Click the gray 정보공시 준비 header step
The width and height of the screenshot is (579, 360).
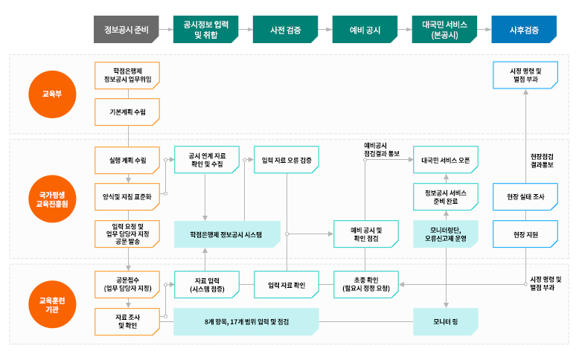tap(127, 30)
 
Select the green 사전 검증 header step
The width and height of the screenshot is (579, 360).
tap(286, 30)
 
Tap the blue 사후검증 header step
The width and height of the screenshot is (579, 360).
tap(523, 30)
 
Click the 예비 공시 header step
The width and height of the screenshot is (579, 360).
tap(365, 30)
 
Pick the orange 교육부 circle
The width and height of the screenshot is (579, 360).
tap(51, 94)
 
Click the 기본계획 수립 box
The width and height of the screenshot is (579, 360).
tap(127, 111)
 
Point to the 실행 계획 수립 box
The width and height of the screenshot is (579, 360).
tap(127, 160)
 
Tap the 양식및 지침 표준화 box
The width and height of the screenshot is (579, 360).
tap(127, 197)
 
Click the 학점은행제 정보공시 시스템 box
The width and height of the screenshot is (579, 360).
tap(226, 234)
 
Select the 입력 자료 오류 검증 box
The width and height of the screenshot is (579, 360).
tap(287, 160)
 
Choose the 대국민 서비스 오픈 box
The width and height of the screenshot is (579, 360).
tap(445, 160)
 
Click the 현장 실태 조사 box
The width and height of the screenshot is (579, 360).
tap(525, 196)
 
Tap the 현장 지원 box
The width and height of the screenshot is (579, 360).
tap(525, 234)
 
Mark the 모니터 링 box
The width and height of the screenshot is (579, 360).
tap(445, 322)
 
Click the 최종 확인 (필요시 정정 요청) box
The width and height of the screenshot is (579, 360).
tap(365, 283)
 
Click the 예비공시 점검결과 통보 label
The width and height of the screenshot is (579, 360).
tap(382, 148)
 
